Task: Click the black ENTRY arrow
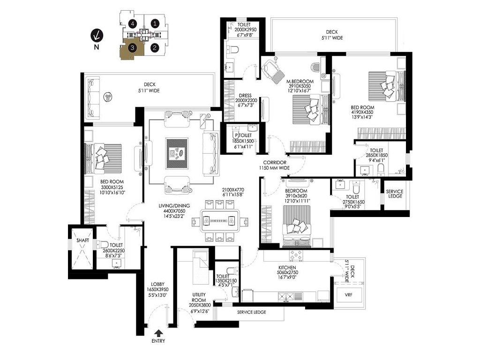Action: tap(159, 333)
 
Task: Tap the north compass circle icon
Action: tap(97, 35)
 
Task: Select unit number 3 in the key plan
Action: tap(133, 47)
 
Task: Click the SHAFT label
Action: tap(82, 240)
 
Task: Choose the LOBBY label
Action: tap(157, 284)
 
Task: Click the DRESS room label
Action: tap(245, 96)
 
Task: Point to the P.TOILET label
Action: tap(243, 135)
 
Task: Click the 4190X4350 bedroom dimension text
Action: tap(363, 112)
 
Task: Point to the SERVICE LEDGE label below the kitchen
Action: tap(252, 312)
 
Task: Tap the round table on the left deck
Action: tap(109, 97)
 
